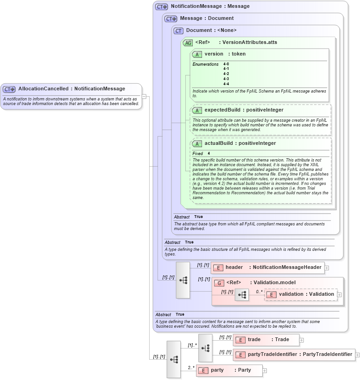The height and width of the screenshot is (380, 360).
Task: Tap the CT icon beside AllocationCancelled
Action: pos(9,89)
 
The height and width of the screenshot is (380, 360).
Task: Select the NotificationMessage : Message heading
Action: pos(210,6)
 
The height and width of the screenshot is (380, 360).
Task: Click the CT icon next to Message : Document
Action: pos(171,19)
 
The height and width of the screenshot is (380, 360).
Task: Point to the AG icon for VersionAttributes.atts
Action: pos(188,43)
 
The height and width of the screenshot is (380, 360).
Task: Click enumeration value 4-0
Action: pos(226,64)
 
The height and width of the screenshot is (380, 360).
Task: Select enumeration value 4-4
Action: pos(226,84)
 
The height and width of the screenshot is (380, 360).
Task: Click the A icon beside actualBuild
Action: pos(197,143)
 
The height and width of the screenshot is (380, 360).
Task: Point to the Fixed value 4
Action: pos(208,153)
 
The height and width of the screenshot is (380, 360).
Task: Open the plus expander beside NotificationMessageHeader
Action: pos(327,268)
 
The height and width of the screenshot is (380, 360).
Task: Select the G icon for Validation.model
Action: pos(219,283)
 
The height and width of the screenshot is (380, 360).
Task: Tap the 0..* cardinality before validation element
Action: pos(259,292)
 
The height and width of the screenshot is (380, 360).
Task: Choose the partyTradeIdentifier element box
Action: pos(294,355)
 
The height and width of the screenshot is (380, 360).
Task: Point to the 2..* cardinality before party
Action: pos(190,368)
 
